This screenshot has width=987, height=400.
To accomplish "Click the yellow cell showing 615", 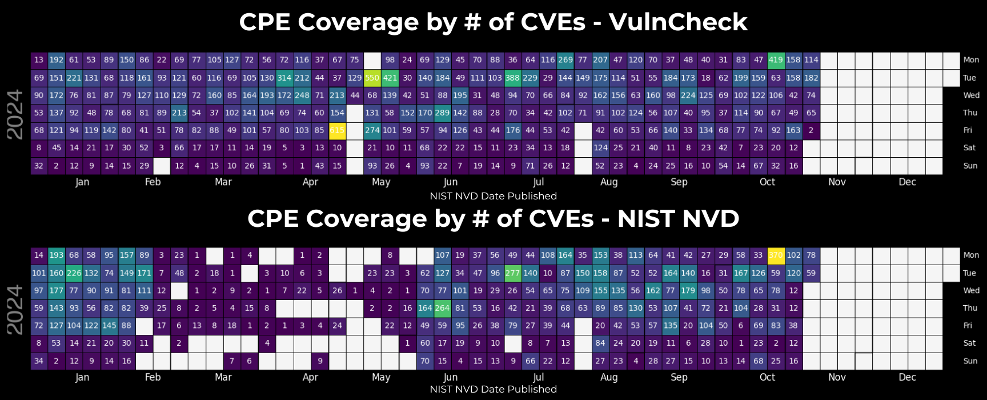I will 337,130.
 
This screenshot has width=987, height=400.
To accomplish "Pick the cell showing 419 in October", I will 776,60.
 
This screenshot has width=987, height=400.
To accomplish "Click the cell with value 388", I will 512,78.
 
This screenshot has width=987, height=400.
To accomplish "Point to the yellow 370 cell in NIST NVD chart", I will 776,255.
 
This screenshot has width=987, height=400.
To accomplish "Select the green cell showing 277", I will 512,273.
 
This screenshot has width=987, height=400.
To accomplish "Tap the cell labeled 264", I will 443,308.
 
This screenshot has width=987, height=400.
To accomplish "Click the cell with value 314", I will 284,78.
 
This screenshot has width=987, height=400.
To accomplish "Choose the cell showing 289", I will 443,113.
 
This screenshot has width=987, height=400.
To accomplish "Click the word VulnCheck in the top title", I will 677,22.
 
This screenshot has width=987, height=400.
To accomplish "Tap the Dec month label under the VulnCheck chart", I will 907,182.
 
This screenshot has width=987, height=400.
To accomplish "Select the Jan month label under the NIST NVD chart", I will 82,378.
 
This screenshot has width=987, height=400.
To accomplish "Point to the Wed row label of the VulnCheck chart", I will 971,95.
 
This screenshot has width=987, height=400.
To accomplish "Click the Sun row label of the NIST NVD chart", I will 970,361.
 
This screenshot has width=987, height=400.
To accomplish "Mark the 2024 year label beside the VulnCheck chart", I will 15,114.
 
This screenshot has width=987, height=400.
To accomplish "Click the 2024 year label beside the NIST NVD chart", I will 15,310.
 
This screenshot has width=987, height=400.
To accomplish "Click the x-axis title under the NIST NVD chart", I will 493,390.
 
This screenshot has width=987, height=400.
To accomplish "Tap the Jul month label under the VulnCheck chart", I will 538,182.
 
